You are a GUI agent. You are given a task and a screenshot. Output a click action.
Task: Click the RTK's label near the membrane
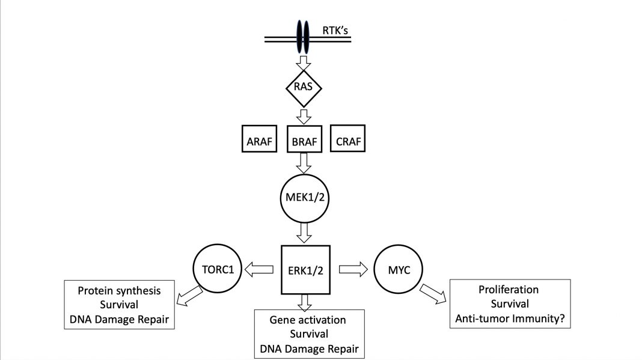point(335,30)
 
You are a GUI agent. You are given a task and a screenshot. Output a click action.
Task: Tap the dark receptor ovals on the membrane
point(303,37)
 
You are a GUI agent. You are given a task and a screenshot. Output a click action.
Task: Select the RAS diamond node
point(304,88)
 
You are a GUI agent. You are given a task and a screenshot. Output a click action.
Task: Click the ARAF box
point(259,139)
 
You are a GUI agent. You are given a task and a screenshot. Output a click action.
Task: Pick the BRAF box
point(304,139)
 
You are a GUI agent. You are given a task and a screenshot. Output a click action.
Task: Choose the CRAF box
point(347,138)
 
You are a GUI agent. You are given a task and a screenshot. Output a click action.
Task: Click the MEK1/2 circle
point(305,198)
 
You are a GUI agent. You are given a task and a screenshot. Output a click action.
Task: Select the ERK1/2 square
point(305,270)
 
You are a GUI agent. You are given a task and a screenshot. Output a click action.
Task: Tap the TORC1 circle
point(218,269)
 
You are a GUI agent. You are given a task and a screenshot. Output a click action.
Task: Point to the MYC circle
point(399,269)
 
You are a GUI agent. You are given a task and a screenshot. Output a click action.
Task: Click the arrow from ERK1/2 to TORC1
point(259,269)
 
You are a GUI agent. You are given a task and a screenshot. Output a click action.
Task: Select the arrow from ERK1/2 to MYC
point(353,269)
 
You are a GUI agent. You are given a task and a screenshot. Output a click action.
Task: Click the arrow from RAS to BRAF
point(304,117)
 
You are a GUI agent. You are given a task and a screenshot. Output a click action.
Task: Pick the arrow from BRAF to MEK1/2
point(304,163)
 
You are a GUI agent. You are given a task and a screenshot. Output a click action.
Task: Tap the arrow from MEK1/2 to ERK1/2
point(304,233)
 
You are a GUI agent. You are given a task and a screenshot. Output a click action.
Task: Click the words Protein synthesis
point(119,291)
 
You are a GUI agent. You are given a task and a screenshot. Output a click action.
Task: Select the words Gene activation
point(308,320)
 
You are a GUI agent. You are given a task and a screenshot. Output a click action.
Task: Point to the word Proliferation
point(509,290)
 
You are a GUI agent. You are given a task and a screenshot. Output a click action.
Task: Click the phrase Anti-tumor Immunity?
point(510,318)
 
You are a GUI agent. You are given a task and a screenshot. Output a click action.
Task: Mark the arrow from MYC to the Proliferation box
point(433,294)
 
